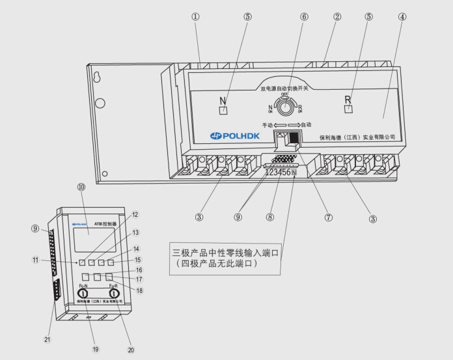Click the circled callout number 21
pos(48,339)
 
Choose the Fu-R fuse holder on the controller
pos(114,294)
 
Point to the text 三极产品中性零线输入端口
pos(224,253)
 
